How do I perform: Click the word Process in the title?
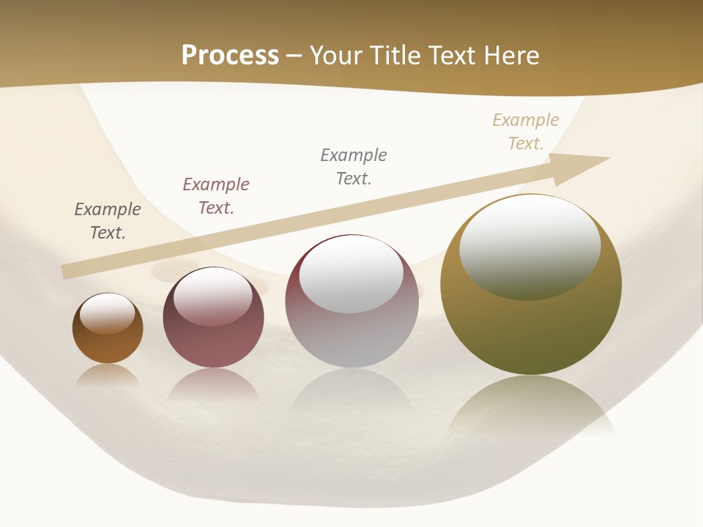230,56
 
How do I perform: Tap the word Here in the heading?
509,56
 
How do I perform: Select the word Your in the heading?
336,56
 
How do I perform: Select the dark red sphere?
213,344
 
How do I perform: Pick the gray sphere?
351,337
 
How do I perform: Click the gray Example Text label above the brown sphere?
108,221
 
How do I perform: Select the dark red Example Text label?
216,196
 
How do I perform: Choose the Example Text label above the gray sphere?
354,167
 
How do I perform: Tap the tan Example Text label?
526,132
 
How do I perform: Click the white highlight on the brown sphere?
107,313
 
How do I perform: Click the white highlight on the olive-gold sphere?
529,245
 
